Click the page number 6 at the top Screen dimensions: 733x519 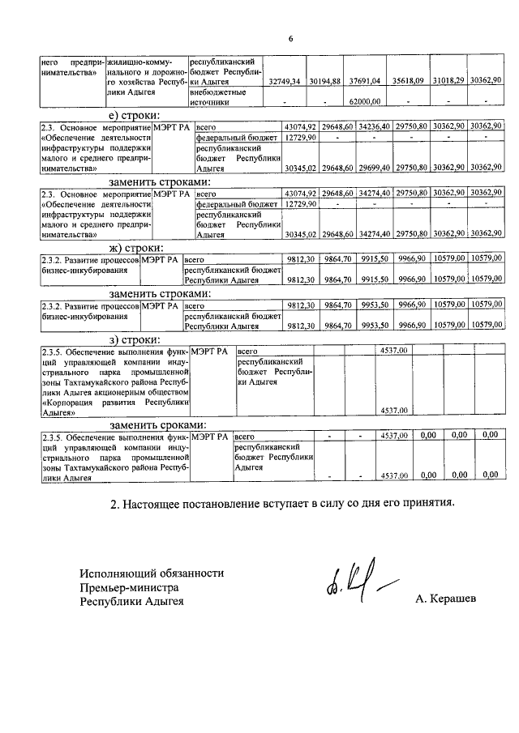(290, 40)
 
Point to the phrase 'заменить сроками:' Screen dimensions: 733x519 (158, 424)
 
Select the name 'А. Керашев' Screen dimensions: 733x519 (446, 599)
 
